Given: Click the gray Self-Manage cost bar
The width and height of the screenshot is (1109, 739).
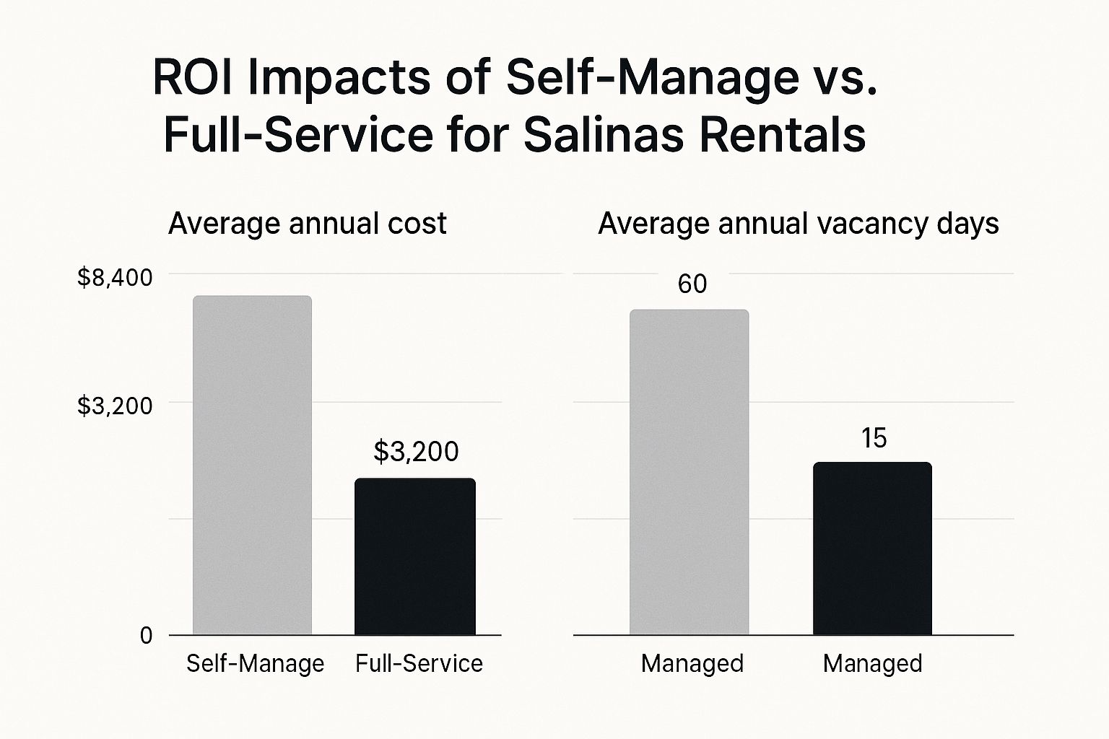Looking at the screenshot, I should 252,465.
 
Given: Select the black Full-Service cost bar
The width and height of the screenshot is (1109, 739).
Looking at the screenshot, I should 415,556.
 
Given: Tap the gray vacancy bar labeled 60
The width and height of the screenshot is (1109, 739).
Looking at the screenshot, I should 689,473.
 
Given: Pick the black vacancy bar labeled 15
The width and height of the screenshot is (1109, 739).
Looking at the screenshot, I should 872,548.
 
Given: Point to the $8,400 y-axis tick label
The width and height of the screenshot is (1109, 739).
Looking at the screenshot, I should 115,278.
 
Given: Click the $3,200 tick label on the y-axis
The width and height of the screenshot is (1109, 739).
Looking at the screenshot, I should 115,406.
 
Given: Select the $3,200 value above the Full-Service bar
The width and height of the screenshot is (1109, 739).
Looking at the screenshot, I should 416,452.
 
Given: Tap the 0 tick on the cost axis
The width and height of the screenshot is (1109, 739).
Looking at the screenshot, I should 147,636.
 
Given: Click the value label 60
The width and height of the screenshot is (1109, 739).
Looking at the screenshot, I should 692,284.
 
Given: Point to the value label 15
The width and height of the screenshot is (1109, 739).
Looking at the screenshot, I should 874,439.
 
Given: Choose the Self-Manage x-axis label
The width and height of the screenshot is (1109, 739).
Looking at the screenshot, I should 255,663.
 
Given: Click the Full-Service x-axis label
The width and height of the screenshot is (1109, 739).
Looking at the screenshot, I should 419,663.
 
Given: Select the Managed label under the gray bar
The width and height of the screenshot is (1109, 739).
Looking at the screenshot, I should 692,663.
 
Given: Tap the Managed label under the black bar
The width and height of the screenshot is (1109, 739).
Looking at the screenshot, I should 872,663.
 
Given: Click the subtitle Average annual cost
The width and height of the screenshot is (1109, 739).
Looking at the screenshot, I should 307,224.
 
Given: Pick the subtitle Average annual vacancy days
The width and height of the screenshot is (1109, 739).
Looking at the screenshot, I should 798,224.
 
